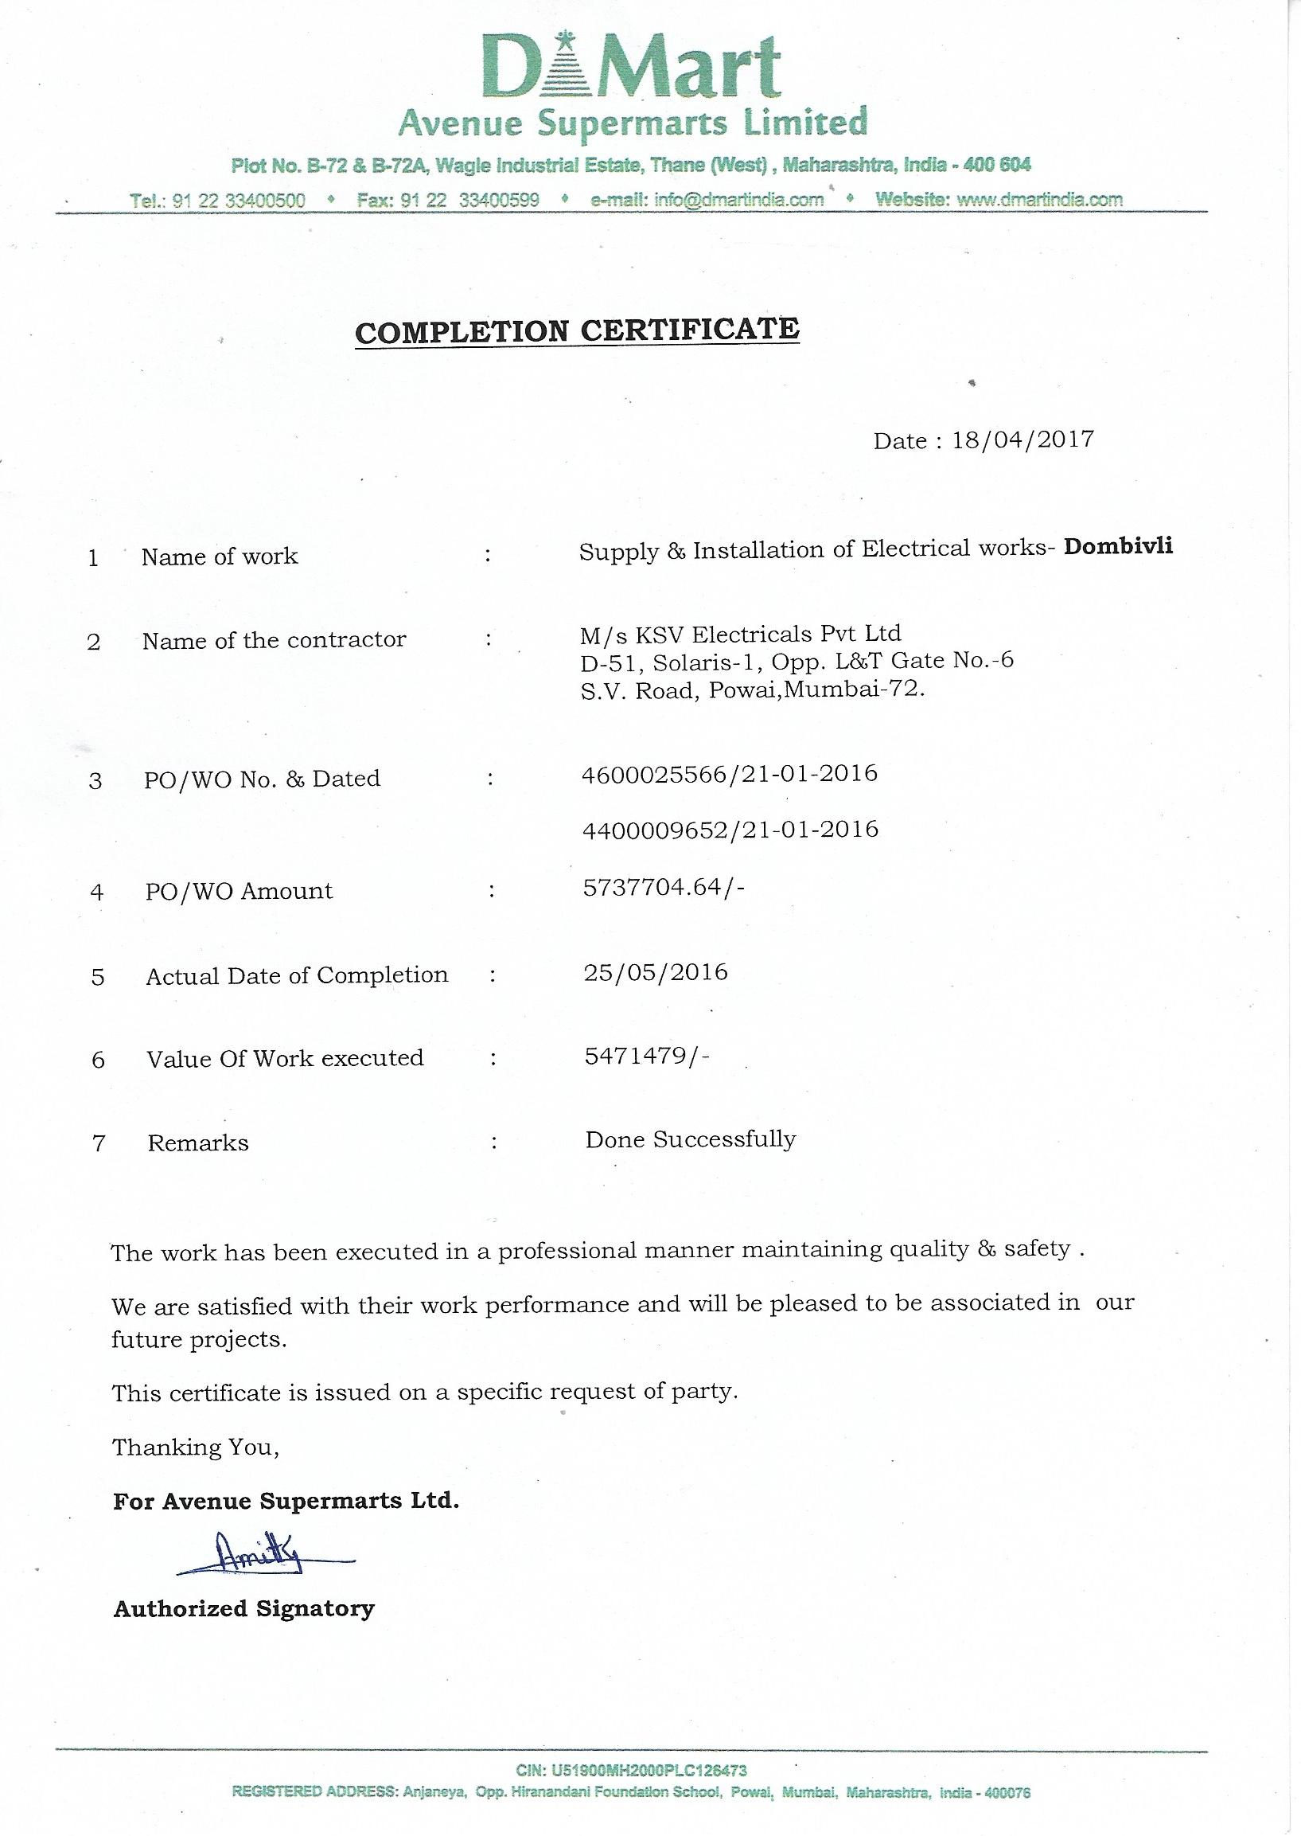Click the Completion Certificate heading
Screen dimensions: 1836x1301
tap(577, 330)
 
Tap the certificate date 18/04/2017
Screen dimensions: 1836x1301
tap(1022, 440)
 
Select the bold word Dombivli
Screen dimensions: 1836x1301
tap(1117, 546)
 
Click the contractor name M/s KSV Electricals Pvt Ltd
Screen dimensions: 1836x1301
tap(741, 634)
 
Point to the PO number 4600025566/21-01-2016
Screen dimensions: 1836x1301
tap(730, 773)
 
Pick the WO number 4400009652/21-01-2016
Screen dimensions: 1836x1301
tap(730, 829)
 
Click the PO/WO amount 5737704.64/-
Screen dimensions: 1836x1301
tap(665, 887)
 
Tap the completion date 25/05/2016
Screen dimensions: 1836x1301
tap(656, 973)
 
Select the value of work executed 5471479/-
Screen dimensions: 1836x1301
tap(647, 1057)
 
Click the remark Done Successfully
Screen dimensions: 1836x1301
tap(691, 1139)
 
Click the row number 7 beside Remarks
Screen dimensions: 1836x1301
tap(99, 1143)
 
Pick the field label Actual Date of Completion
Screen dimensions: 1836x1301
tap(298, 975)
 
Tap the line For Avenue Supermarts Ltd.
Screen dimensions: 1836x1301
tap(286, 1500)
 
